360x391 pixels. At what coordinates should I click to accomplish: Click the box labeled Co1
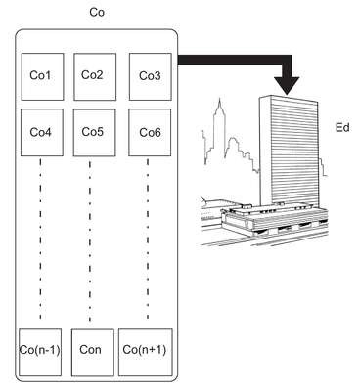[x=42, y=77]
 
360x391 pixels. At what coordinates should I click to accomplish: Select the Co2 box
[x=95, y=77]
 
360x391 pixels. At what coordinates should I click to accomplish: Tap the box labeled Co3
[x=151, y=77]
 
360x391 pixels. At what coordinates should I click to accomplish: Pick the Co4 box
[x=42, y=133]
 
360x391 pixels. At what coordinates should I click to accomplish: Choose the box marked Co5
[x=94, y=133]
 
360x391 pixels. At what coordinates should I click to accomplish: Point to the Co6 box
[x=150, y=133]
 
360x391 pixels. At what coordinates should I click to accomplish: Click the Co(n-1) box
[x=40, y=353]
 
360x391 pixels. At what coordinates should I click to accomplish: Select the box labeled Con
[x=93, y=353]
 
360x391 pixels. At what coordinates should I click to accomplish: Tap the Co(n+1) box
[x=146, y=353]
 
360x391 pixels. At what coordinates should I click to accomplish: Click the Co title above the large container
[x=97, y=13]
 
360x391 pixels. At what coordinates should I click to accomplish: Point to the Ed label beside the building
[x=342, y=127]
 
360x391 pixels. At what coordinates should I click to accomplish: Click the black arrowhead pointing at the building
[x=287, y=86]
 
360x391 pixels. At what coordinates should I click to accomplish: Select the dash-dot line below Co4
[x=40, y=239]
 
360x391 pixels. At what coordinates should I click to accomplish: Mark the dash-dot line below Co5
[x=90, y=240]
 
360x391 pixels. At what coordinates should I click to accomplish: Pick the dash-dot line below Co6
[x=148, y=239]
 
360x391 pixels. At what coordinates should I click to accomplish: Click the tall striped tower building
[x=289, y=151]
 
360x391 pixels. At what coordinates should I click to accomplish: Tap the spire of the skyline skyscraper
[x=220, y=106]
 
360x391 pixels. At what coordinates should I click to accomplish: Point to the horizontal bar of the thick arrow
[x=235, y=60]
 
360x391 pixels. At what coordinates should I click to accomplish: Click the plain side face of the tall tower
[x=265, y=151]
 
